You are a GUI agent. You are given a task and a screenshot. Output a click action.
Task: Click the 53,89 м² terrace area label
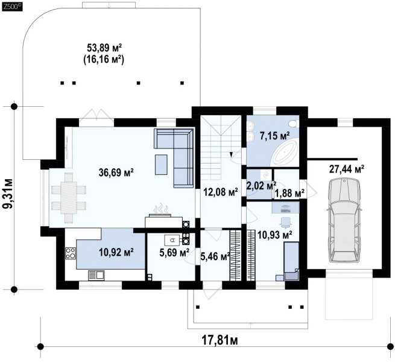point(104,48)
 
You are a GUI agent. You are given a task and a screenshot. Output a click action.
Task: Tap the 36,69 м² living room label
point(116,173)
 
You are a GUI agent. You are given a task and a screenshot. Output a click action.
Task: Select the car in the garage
point(344,220)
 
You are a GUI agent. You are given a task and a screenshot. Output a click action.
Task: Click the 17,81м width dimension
point(220,340)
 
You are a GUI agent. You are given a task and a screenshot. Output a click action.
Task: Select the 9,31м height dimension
point(8,194)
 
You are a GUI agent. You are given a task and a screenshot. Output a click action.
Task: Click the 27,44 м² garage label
point(347,169)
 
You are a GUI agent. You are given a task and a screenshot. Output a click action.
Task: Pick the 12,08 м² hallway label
point(221,192)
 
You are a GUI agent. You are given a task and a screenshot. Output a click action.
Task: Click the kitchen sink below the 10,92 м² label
point(96,275)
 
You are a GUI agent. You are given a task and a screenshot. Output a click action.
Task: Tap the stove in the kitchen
point(71,253)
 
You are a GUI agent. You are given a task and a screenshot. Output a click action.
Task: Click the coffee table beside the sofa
point(161,165)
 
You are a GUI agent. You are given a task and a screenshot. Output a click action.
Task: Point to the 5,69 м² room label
point(174,252)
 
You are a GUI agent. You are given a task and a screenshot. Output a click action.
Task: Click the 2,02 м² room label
point(261,186)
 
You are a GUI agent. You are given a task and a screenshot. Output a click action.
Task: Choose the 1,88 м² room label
point(289,193)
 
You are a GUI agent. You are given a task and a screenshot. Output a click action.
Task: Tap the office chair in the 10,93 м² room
point(286,221)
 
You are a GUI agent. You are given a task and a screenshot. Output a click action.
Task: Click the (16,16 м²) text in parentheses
point(104,60)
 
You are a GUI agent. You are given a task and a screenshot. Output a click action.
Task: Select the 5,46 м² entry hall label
point(215,256)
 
